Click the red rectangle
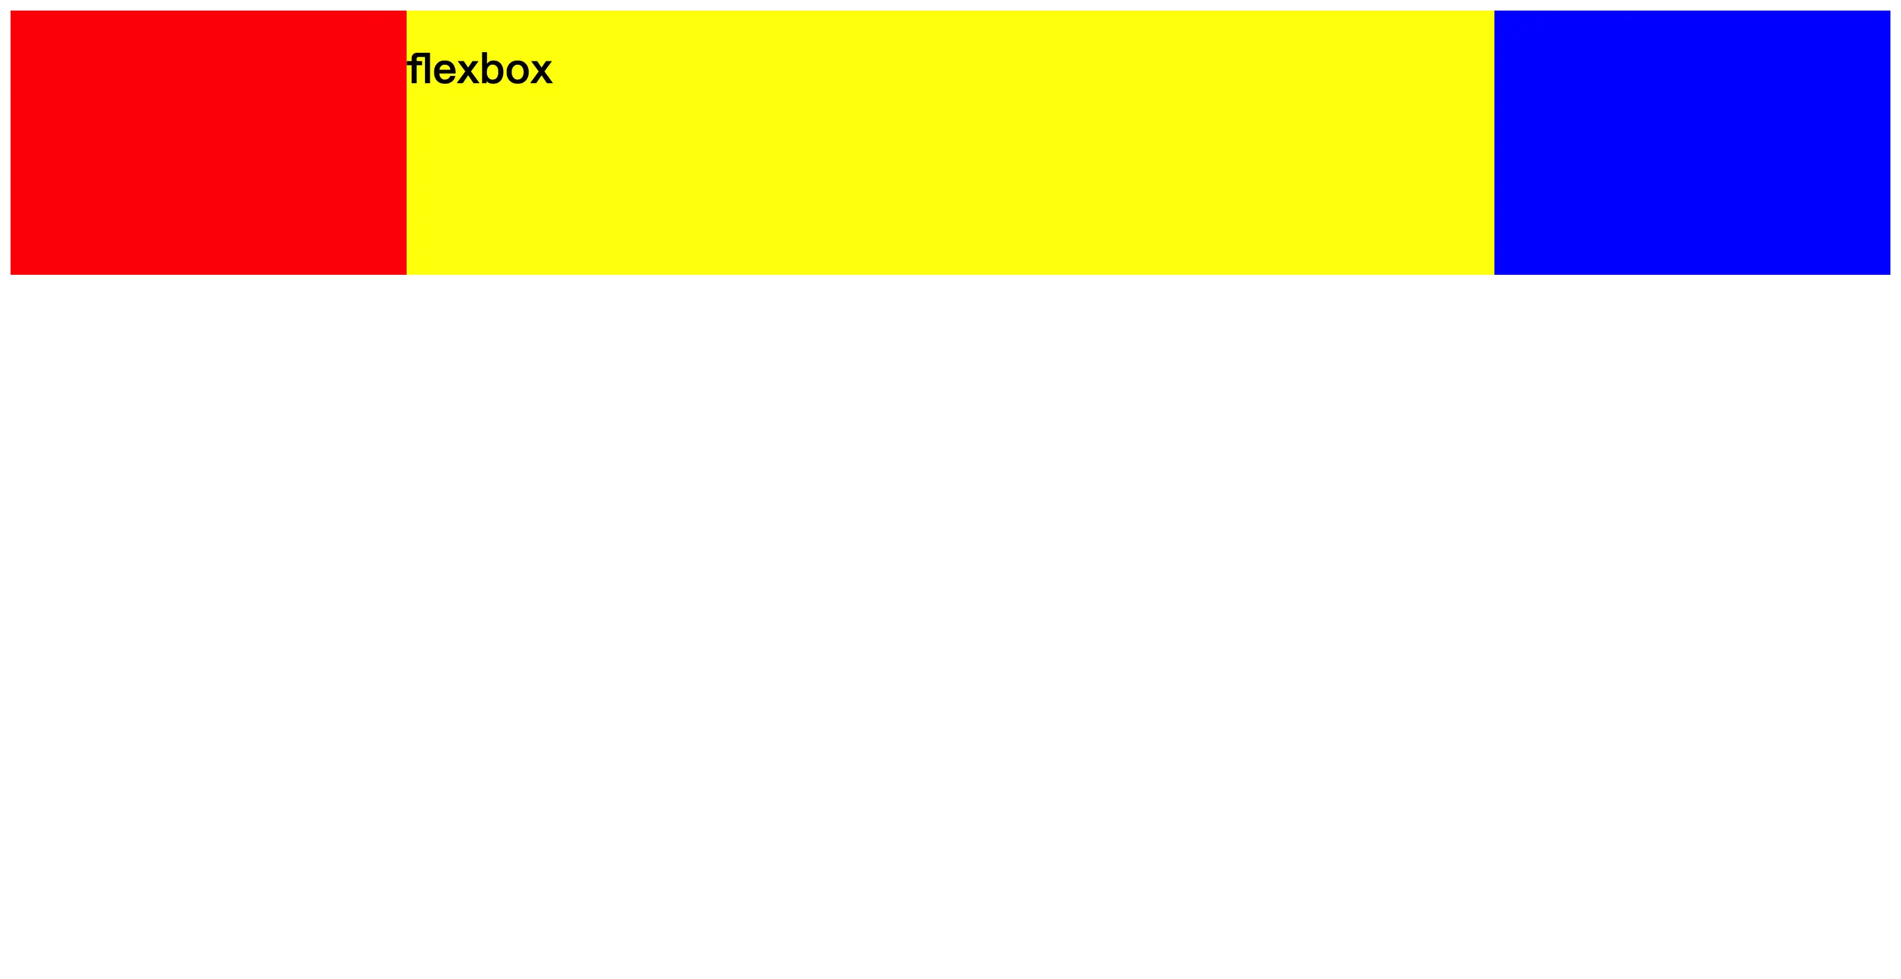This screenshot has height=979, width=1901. coord(208,143)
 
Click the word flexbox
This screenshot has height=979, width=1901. coord(480,69)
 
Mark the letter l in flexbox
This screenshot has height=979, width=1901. coord(426,69)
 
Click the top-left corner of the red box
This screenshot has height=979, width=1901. coord(11,11)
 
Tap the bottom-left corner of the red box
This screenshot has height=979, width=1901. coord(11,274)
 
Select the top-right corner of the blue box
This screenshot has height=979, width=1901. coord(1890,11)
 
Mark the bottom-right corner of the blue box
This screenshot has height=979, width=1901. coord(1890,274)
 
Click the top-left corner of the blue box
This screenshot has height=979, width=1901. coord(1494,11)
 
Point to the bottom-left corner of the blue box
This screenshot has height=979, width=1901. coord(1494,274)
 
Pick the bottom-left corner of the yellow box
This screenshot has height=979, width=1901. coord(407,274)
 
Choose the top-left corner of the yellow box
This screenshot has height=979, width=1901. coord(407,11)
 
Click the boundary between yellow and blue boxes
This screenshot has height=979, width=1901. coord(1494,143)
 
